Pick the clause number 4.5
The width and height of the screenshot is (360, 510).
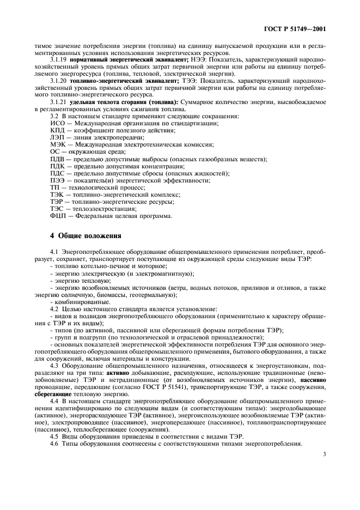54,436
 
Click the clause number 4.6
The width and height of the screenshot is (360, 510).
54,444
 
